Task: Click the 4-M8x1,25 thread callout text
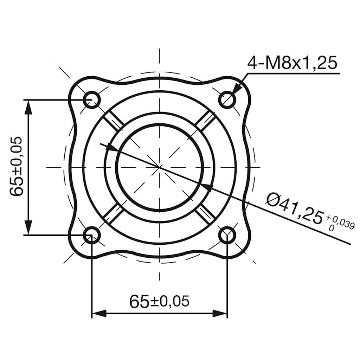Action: click(x=292, y=63)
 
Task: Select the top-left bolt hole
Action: click(x=92, y=99)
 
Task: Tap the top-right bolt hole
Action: click(x=227, y=99)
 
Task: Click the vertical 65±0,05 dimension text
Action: click(x=17, y=167)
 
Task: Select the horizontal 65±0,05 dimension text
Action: click(x=159, y=301)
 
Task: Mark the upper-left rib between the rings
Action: click(x=115, y=122)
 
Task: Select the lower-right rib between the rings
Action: click(x=206, y=213)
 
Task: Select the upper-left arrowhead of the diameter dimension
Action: click(x=112, y=148)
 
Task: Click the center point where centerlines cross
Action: click(x=160, y=167)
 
